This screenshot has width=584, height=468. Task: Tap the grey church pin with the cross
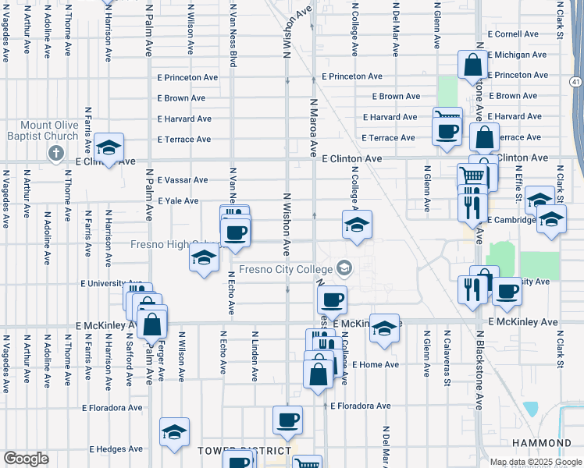click(55, 153)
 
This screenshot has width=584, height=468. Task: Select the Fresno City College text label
click(285, 270)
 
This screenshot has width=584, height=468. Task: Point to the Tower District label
click(244, 451)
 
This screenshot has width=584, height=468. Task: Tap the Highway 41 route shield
click(575, 81)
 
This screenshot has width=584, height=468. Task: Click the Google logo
click(26, 459)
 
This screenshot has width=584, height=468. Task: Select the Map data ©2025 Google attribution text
click(535, 462)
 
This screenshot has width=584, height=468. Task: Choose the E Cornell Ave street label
click(513, 34)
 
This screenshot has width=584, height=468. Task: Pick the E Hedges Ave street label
click(116, 449)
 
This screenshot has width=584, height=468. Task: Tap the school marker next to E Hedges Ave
click(174, 432)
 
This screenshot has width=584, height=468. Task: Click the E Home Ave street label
click(375, 364)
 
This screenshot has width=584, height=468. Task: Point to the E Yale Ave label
click(178, 200)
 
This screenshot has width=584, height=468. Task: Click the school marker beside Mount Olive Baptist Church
click(109, 148)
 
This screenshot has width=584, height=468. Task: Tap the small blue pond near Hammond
click(532, 409)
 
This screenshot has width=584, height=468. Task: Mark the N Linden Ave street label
click(255, 356)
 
